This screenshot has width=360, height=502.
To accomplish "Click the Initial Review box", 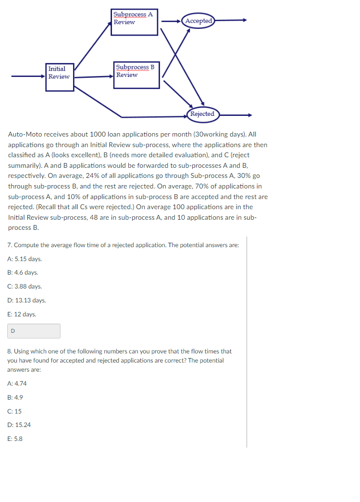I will point(59,76).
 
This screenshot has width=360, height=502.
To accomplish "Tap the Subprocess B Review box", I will point(137,75).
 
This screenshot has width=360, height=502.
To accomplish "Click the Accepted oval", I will point(199,21).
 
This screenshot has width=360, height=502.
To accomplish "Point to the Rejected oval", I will point(202,114).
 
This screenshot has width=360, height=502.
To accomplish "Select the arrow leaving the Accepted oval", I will point(231,21).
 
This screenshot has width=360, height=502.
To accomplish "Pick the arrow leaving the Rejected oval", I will point(236,115).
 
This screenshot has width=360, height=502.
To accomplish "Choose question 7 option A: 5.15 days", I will point(25,259).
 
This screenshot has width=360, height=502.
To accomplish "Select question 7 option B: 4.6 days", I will point(23,273).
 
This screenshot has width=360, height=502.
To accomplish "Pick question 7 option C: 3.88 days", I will point(25,287).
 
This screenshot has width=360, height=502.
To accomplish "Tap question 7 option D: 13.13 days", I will point(27,301).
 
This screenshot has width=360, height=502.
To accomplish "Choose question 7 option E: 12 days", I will point(22,314).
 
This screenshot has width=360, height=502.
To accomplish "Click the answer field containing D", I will point(34,331).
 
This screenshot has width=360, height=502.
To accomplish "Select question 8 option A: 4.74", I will point(17,384).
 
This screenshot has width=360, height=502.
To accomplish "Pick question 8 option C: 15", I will point(15,412).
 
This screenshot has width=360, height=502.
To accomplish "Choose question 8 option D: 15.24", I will point(19,425).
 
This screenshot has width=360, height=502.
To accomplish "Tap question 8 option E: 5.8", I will point(15,439).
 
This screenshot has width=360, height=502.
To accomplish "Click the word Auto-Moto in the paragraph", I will point(24,135).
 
